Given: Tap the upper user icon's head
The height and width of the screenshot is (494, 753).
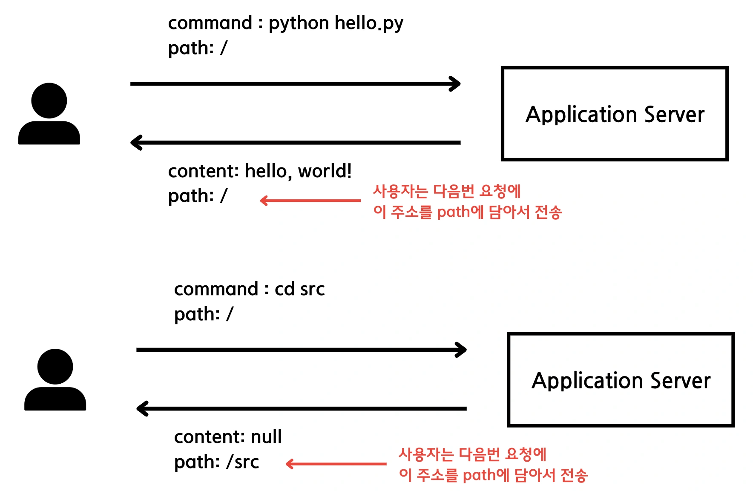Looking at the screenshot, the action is click(49, 101).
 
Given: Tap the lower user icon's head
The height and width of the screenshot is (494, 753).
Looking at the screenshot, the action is click(55, 367).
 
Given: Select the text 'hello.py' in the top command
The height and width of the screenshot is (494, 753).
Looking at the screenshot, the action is click(369, 24).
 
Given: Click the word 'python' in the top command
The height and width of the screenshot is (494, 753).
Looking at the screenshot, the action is click(299, 24).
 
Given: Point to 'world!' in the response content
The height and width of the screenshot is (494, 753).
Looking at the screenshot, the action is click(325, 171).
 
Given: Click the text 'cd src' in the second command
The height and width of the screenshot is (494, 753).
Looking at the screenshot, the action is click(300, 289).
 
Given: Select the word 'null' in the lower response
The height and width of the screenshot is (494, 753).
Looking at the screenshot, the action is click(266, 437).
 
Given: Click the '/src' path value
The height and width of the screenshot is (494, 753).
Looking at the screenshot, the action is click(242, 462).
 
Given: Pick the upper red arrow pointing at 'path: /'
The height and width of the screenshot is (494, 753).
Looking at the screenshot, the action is click(310, 200).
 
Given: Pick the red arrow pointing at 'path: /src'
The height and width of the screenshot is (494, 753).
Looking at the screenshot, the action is click(336, 464).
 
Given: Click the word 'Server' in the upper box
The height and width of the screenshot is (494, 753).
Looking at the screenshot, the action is click(674, 115).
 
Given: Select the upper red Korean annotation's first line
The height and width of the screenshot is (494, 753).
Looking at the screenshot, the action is click(447, 191).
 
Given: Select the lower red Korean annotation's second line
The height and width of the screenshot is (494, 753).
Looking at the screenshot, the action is click(493, 475).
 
